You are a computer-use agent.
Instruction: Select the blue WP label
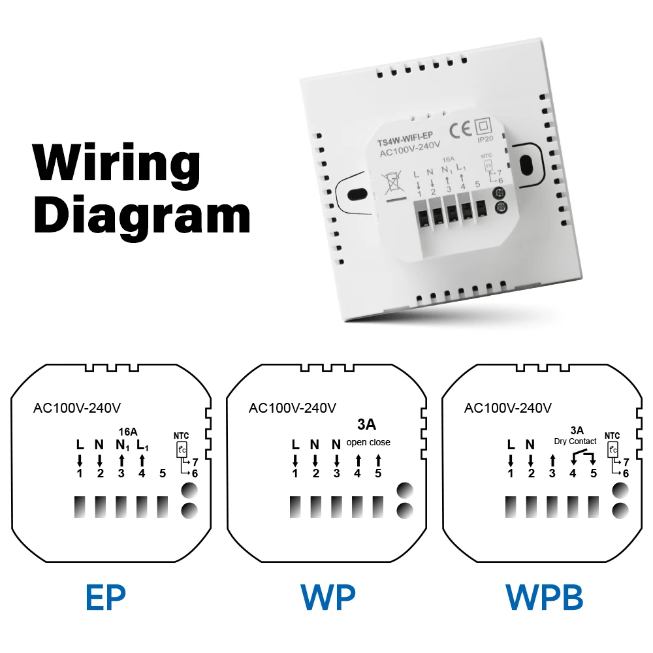327,596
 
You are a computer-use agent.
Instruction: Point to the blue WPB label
544,596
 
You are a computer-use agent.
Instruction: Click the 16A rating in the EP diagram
127,432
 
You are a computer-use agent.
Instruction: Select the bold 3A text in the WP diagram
366,424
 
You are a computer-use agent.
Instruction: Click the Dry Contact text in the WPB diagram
575,441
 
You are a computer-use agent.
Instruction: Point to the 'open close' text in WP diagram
368,442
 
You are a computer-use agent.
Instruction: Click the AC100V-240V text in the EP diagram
77,408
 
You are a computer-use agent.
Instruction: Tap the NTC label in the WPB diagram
612,436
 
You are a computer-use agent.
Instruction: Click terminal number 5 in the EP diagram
162,473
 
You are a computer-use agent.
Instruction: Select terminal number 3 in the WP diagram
336,473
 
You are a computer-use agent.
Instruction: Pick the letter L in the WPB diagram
511,445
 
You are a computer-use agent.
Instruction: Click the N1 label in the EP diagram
121,445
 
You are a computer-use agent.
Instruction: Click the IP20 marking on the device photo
485,138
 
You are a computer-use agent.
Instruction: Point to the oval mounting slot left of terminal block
357,194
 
